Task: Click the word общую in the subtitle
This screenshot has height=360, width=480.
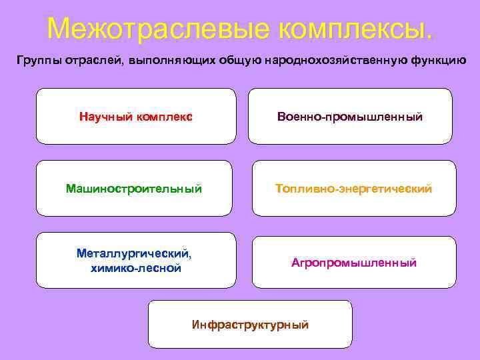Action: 235,61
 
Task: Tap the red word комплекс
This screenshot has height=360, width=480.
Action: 166,117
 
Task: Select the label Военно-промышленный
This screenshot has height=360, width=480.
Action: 350,117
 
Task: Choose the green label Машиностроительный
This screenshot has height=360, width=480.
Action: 134,189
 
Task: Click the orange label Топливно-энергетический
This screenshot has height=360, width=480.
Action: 354,189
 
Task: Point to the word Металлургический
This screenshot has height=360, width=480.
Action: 133,254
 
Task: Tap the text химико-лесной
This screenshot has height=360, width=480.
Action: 136,268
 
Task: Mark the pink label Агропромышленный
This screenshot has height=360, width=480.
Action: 354,263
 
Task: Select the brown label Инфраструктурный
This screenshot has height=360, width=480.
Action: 250,325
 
